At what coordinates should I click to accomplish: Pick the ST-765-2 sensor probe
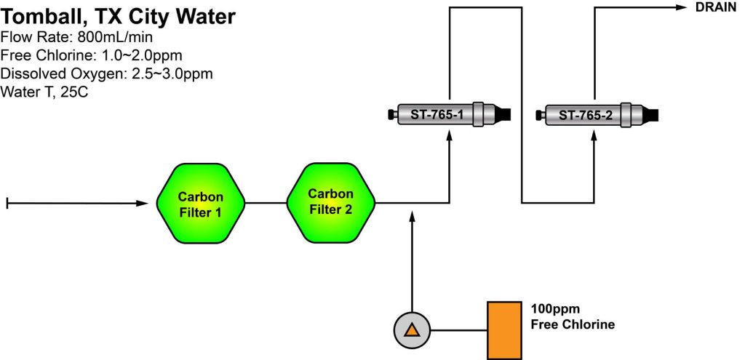pyautogui.click(x=595, y=115)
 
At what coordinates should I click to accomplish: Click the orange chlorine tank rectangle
pyautogui.click(x=504, y=330)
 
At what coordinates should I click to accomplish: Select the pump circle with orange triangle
pyautogui.click(x=412, y=330)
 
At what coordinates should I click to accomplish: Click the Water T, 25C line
pyautogui.click(x=44, y=92)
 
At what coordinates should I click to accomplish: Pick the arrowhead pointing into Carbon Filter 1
pyautogui.click(x=143, y=203)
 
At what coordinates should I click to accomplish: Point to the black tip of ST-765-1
pyautogui.click(x=503, y=115)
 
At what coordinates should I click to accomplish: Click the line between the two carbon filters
pyautogui.click(x=266, y=203)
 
